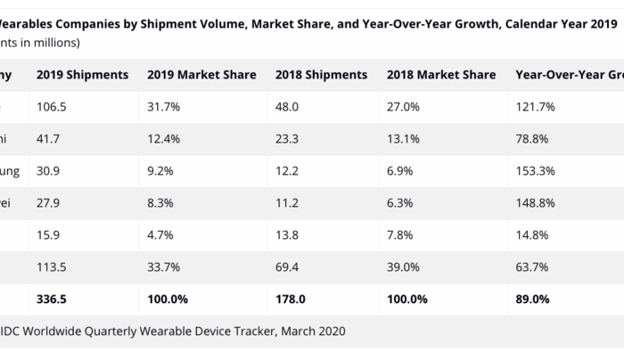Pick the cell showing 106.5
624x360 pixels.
(52, 107)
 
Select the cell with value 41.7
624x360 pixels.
(49, 139)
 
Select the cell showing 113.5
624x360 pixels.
(52, 266)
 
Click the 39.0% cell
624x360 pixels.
(402, 266)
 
